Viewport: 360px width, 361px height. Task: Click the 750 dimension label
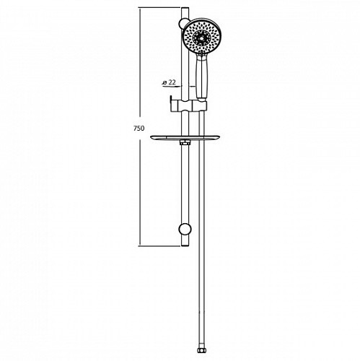pos(131,128)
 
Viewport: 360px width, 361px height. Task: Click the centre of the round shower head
pos(200,38)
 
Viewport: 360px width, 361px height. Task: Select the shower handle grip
pos(202,77)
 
